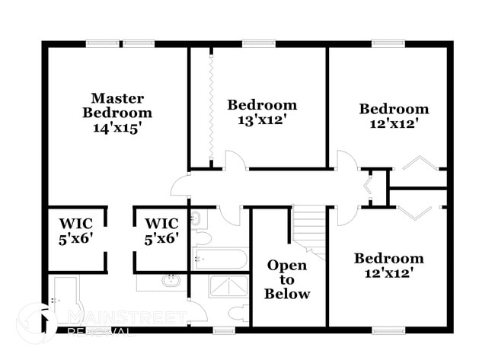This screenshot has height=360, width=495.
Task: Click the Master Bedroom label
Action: pos(117,105)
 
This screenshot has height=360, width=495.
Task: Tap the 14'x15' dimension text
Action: pos(117,129)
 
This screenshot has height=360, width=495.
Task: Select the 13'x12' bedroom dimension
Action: pos(262,120)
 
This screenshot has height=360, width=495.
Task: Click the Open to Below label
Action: pos(287,279)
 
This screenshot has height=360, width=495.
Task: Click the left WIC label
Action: pos(76,231)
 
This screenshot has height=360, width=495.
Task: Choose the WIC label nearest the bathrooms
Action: pos(161,231)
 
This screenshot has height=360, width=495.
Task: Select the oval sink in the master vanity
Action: pos(171,281)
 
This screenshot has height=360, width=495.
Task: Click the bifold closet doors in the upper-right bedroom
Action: pos(417,164)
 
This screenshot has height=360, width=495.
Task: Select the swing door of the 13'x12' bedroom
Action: pos(234,161)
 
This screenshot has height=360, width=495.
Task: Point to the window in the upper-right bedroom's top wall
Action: pos(388,43)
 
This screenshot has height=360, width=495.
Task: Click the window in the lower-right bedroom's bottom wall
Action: pos(388,330)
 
